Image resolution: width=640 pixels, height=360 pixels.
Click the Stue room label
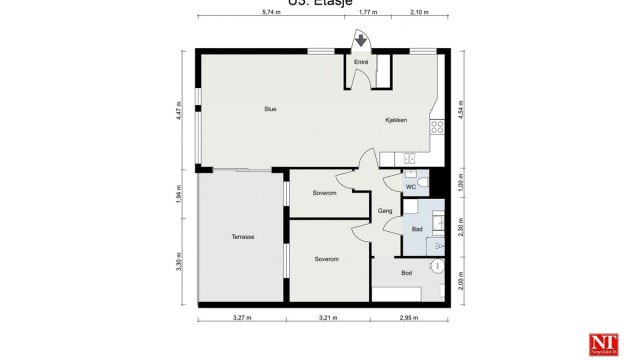pyautogui.click(x=270, y=109)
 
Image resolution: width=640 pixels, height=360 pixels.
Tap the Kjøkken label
pyautogui.click(x=396, y=120)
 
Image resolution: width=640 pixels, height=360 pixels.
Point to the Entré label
pyautogui.click(x=361, y=63)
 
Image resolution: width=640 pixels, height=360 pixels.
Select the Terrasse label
pyautogui.click(x=242, y=237)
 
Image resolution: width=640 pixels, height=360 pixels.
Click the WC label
pyautogui.click(x=411, y=187)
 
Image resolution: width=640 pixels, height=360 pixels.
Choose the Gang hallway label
pyautogui.click(x=385, y=210)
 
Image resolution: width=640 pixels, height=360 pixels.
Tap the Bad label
pyautogui.click(x=417, y=230)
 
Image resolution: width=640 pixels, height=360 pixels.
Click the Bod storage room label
pyautogui.click(x=406, y=272)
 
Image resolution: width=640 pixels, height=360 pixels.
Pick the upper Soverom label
pyautogui.click(x=323, y=192)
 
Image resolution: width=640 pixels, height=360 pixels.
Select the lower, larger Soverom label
pyautogui.click(x=326, y=259)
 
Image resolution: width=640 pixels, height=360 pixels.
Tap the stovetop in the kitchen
pyautogui.click(x=437, y=127)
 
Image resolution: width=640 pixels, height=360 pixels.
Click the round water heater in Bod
pyautogui.click(x=436, y=267)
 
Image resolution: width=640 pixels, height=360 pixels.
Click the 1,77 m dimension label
pyautogui.click(x=368, y=13)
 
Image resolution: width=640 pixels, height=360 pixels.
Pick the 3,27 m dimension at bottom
pyautogui.click(x=242, y=319)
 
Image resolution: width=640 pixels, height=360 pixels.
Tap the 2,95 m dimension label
pyautogui.click(x=407, y=319)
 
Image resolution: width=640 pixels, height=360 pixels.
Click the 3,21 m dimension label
pyautogui.click(x=329, y=319)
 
